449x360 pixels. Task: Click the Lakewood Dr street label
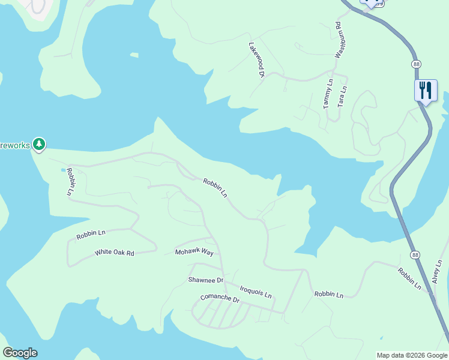tap(257, 60)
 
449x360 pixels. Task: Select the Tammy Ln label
tap(327, 94)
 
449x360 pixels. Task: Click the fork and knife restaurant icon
tap(426, 91)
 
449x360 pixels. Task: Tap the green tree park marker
tap(39, 144)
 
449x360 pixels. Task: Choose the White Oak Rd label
tap(114, 253)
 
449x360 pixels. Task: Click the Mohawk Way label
tap(194, 252)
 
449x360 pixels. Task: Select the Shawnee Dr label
tap(205, 280)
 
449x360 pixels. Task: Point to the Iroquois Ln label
tap(255, 292)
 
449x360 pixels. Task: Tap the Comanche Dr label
tap(219, 299)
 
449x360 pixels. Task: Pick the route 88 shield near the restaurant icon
tap(416, 64)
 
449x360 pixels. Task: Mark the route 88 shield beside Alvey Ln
tap(415, 255)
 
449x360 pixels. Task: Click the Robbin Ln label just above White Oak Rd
tap(91, 235)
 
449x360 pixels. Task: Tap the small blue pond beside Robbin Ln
tap(63, 170)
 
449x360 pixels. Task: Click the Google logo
tap(20, 353)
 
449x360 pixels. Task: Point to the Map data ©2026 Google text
tap(412, 355)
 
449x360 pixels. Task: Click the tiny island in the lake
tap(134, 55)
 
